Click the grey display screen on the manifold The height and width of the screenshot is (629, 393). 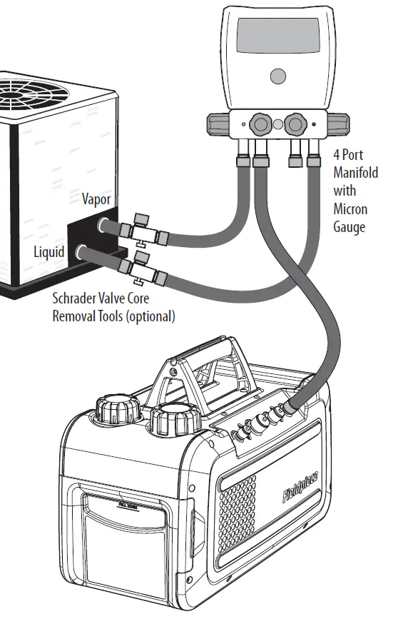[279, 36]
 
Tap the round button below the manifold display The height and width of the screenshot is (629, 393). [279, 76]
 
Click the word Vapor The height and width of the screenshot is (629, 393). [96, 199]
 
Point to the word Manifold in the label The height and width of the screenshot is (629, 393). [355, 173]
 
